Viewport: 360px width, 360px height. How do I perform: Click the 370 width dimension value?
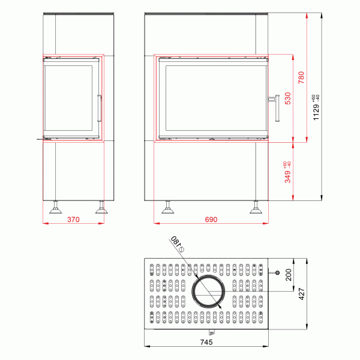73,220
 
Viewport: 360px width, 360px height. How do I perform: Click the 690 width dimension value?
211,220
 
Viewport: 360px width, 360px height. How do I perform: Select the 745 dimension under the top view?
207,343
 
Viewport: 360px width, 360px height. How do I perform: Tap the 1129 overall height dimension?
316,108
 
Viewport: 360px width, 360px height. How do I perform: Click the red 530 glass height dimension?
288,98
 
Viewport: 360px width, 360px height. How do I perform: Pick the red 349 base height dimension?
288,172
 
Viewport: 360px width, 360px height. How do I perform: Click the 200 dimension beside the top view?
288,275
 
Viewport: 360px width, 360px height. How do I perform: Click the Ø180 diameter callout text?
176,243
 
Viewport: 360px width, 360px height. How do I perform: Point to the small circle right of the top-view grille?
278,273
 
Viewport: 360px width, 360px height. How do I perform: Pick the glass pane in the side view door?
69,99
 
